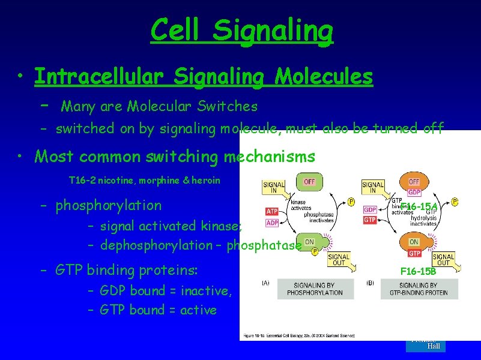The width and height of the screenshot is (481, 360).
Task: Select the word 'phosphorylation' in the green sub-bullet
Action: click(x=108, y=206)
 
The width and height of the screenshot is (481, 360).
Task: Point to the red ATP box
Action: click(x=271, y=211)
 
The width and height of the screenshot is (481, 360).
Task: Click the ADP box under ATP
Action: click(x=271, y=223)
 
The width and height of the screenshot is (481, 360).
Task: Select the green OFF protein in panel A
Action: click(x=309, y=181)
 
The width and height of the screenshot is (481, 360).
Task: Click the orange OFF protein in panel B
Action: click(x=414, y=182)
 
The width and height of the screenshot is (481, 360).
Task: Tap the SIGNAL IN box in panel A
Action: click(x=274, y=187)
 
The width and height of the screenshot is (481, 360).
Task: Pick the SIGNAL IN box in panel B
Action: click(x=373, y=187)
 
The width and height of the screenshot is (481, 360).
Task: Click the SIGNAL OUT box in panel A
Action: click(x=339, y=260)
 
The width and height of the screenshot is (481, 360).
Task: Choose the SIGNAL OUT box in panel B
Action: click(x=443, y=260)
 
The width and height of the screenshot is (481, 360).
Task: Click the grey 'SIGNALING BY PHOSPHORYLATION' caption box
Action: click(x=315, y=289)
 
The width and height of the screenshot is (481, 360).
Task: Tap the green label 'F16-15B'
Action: click(x=419, y=271)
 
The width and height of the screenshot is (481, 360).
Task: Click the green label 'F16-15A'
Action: click(x=419, y=207)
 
